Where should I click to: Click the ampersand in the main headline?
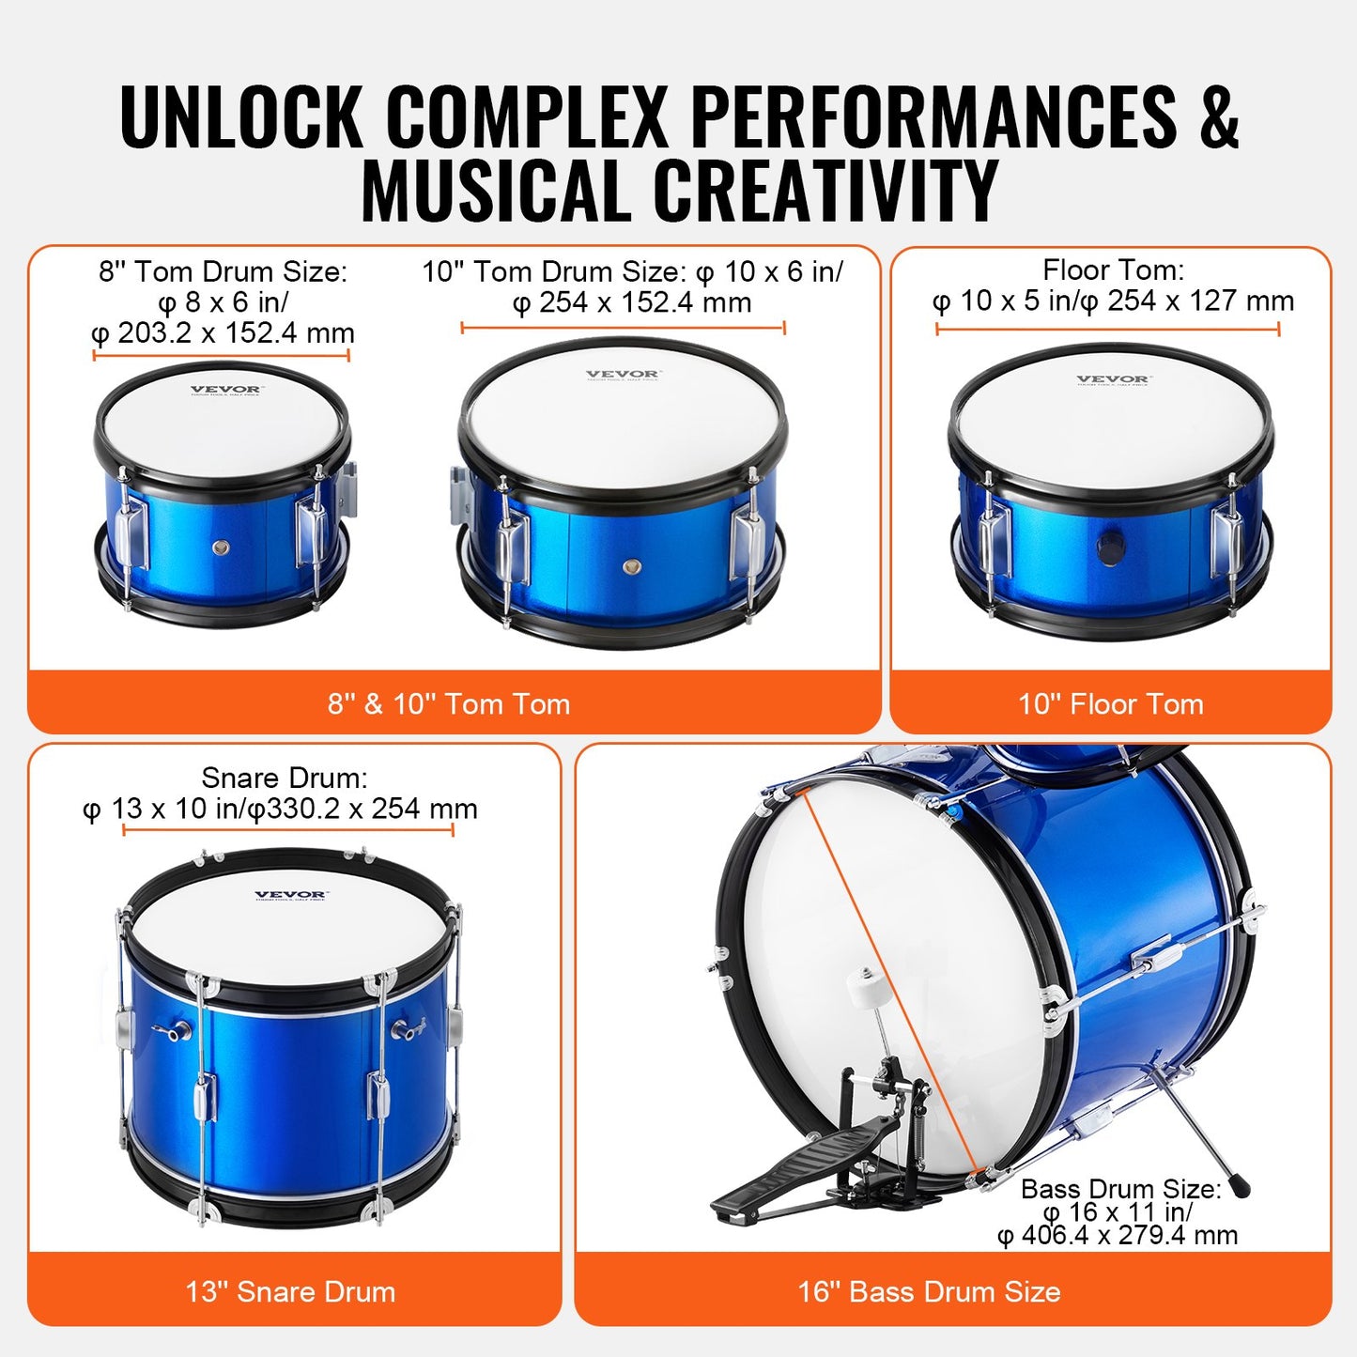pyautogui.click(x=1218, y=116)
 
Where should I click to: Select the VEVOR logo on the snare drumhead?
pyautogui.click(x=291, y=896)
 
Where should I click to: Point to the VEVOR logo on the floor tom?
pyautogui.click(x=1113, y=380)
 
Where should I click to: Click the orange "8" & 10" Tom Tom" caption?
pyautogui.click(x=449, y=704)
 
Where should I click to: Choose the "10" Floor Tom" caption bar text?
pyautogui.click(x=1111, y=704)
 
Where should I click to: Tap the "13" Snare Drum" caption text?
pyautogui.click(x=290, y=1292)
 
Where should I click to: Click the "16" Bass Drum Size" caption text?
pyautogui.click(x=929, y=1292)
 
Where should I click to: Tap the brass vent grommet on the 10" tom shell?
pyautogui.click(x=632, y=566)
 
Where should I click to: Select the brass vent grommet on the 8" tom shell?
pyautogui.click(x=222, y=548)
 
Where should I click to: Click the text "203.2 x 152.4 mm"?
pyautogui.click(x=235, y=333)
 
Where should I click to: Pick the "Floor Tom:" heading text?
pyautogui.click(x=1114, y=270)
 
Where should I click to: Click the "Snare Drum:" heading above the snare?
pyautogui.click(x=285, y=779)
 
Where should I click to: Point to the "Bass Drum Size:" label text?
pyautogui.click(x=1121, y=1190)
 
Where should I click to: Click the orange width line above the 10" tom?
pyautogui.click(x=623, y=328)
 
